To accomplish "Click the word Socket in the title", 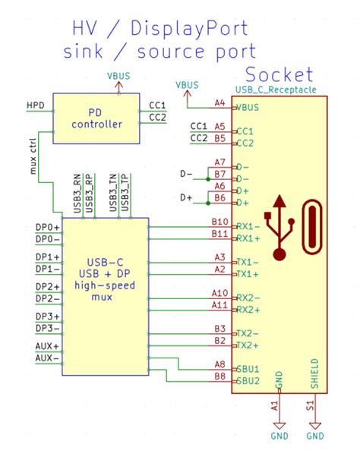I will click(x=278, y=74).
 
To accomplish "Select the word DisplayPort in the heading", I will click(x=191, y=29).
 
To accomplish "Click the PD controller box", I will click(x=96, y=118).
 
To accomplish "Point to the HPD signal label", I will click(x=35, y=104).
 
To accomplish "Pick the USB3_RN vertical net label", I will click(x=77, y=192).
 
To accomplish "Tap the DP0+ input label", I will click(x=48, y=227).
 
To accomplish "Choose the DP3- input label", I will click(x=48, y=328).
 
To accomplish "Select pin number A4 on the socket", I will click(x=219, y=102).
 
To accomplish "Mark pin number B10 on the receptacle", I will click(x=218, y=222).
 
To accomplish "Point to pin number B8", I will click(x=219, y=376).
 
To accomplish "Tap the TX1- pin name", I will click(x=248, y=261).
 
